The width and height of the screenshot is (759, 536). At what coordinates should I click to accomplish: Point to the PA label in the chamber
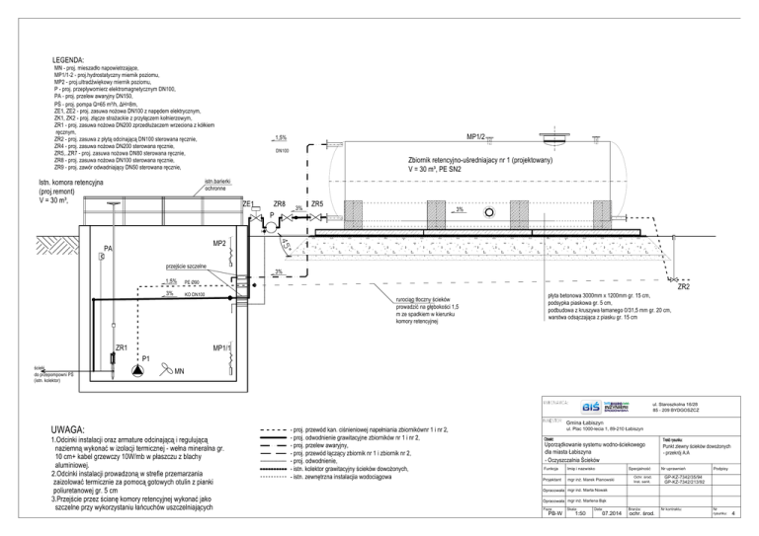coord(108,248)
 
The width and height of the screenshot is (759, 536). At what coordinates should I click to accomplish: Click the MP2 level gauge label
coord(219,243)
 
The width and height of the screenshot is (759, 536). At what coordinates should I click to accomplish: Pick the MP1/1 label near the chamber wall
coord(219,348)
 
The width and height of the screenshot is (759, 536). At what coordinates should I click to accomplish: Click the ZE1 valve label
coord(248,203)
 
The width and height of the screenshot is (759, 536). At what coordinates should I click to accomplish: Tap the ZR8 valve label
coord(279,203)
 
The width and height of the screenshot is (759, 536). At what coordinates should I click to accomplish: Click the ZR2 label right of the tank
coord(683,287)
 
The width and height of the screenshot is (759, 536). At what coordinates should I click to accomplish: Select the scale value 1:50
coord(581,513)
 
